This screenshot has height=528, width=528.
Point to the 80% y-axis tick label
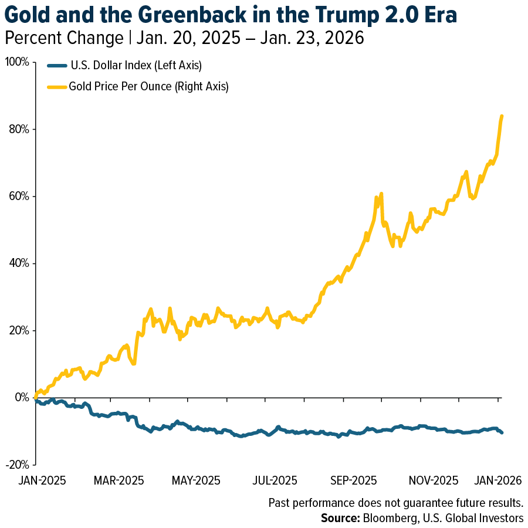click(19, 129)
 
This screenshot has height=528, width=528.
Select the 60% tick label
click(19, 196)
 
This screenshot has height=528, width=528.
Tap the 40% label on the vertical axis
click(19, 263)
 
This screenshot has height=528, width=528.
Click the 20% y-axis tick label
click(19, 330)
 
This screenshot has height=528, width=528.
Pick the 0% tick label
click(22, 397)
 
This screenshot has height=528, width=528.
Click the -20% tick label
click(17, 465)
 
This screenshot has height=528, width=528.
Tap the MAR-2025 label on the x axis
click(120, 480)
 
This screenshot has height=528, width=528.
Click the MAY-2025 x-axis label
click(196, 480)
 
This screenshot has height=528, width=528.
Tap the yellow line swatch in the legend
click(56, 87)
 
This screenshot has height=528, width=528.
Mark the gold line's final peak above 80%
click(502, 116)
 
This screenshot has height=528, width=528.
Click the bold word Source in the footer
click(340, 518)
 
